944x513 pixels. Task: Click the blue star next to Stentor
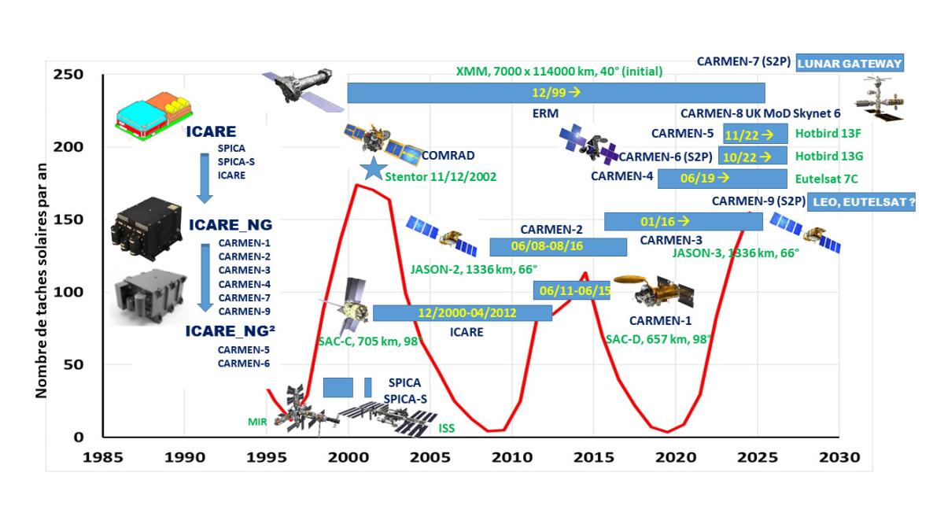[374, 168]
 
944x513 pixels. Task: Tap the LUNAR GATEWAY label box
[850, 63]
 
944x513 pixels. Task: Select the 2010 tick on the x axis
[512, 457]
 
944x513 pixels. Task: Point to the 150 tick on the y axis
[68, 220]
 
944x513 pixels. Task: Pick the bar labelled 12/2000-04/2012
[463, 313]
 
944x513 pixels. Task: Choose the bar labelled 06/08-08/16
[558, 246]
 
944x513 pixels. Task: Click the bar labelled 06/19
[722, 179]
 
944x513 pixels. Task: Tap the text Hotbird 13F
[828, 134]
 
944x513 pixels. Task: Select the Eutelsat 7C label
[827, 179]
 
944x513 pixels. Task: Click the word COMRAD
[448, 156]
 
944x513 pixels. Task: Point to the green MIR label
[257, 422]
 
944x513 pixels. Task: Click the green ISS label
[447, 428]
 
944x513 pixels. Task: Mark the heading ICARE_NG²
[230, 331]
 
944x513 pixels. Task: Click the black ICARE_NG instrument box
[146, 228]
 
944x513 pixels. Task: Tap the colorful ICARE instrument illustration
[154, 116]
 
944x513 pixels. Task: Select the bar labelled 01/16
[683, 222]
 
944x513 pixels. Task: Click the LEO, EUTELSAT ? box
[861, 202]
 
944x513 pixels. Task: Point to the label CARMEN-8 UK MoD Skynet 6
[760, 113]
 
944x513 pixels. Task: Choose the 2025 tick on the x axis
[758, 457]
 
